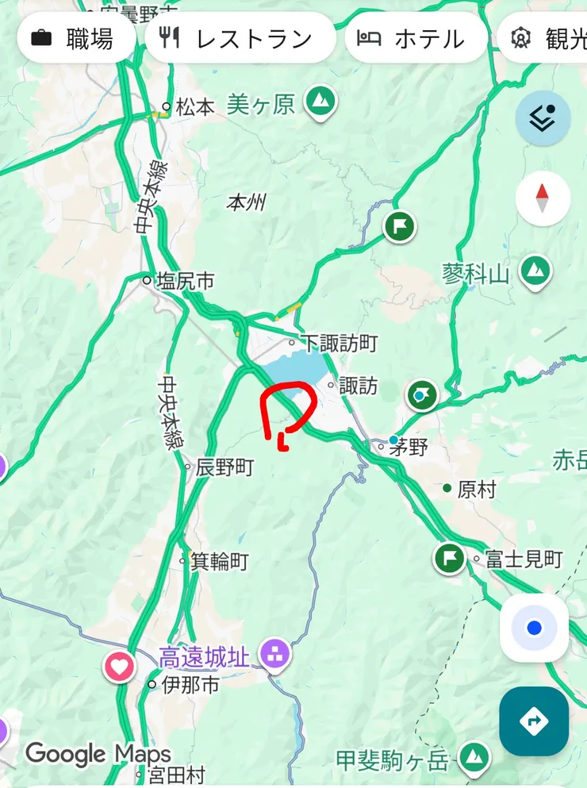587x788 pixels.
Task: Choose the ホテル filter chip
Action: (x=416, y=39)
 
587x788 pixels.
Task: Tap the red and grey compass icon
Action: (x=543, y=198)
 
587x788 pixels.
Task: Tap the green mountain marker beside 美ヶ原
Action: (x=320, y=102)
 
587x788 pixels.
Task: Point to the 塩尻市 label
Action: (x=185, y=280)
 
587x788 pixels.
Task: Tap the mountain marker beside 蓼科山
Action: (x=536, y=271)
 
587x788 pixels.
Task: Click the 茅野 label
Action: (x=408, y=447)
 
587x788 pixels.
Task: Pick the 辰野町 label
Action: (x=224, y=467)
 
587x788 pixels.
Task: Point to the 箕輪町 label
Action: (x=219, y=562)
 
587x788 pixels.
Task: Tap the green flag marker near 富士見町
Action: (x=450, y=559)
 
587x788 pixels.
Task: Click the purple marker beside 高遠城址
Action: (x=275, y=655)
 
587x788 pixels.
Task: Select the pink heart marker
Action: (x=120, y=666)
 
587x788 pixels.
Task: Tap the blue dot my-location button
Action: (x=534, y=628)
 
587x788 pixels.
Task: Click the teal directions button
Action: (x=534, y=721)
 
